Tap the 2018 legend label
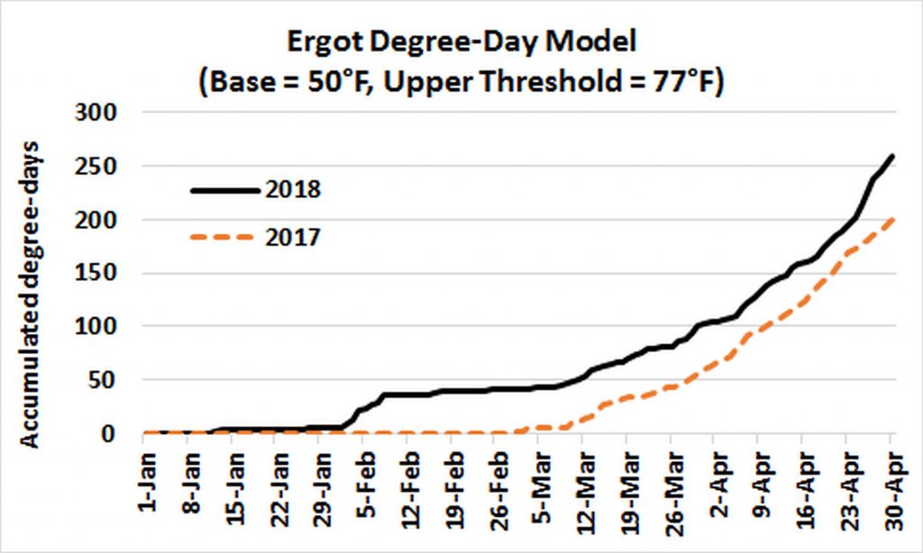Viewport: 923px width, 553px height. [x=294, y=189]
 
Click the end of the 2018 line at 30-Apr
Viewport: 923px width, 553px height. [x=892, y=157]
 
